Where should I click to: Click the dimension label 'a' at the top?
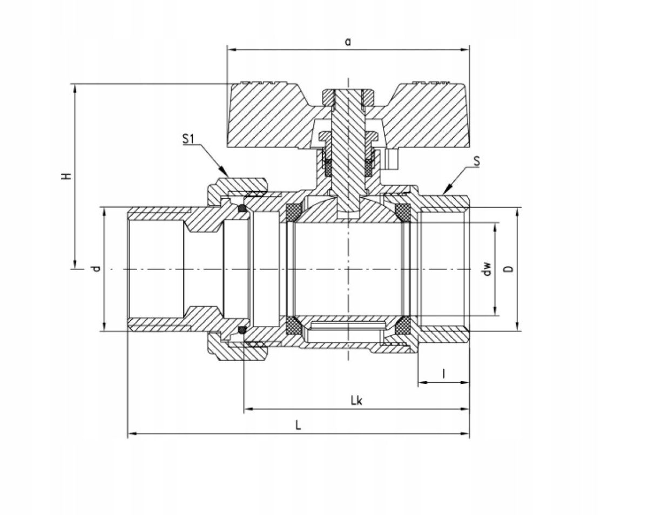(348, 42)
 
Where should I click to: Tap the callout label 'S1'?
(187, 139)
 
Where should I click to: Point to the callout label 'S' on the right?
(476, 161)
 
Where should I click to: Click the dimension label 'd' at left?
(96, 268)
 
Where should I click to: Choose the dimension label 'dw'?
(488, 268)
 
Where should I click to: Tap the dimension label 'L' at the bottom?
(298, 425)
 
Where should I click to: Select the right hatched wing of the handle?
(427, 116)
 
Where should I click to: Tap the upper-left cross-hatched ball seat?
(293, 212)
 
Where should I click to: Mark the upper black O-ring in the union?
(242, 208)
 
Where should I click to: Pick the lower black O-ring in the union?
(242, 329)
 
